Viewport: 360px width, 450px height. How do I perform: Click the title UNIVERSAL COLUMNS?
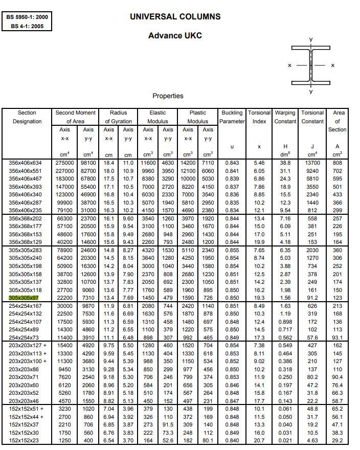(x=175, y=16)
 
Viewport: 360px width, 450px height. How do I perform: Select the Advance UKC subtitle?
(x=175, y=35)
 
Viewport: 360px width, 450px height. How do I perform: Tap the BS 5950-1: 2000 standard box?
(x=28, y=17)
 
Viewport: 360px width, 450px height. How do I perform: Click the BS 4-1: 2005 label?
(x=28, y=26)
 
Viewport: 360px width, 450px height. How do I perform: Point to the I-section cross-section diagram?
(x=310, y=65)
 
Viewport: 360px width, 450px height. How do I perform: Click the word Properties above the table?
(x=168, y=96)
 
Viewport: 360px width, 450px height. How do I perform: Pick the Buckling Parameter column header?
(x=232, y=117)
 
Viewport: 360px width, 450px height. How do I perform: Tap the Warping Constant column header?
(x=285, y=117)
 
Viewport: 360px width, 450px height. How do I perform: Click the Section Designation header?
(x=27, y=117)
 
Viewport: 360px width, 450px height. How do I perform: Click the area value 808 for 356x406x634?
(x=337, y=163)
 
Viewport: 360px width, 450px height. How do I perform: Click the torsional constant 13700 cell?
(x=312, y=163)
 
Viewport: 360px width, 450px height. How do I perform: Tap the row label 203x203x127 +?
(x=28, y=346)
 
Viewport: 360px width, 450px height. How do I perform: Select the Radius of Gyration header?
(x=118, y=117)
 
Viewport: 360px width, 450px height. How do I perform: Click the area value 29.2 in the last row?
(x=337, y=440)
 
